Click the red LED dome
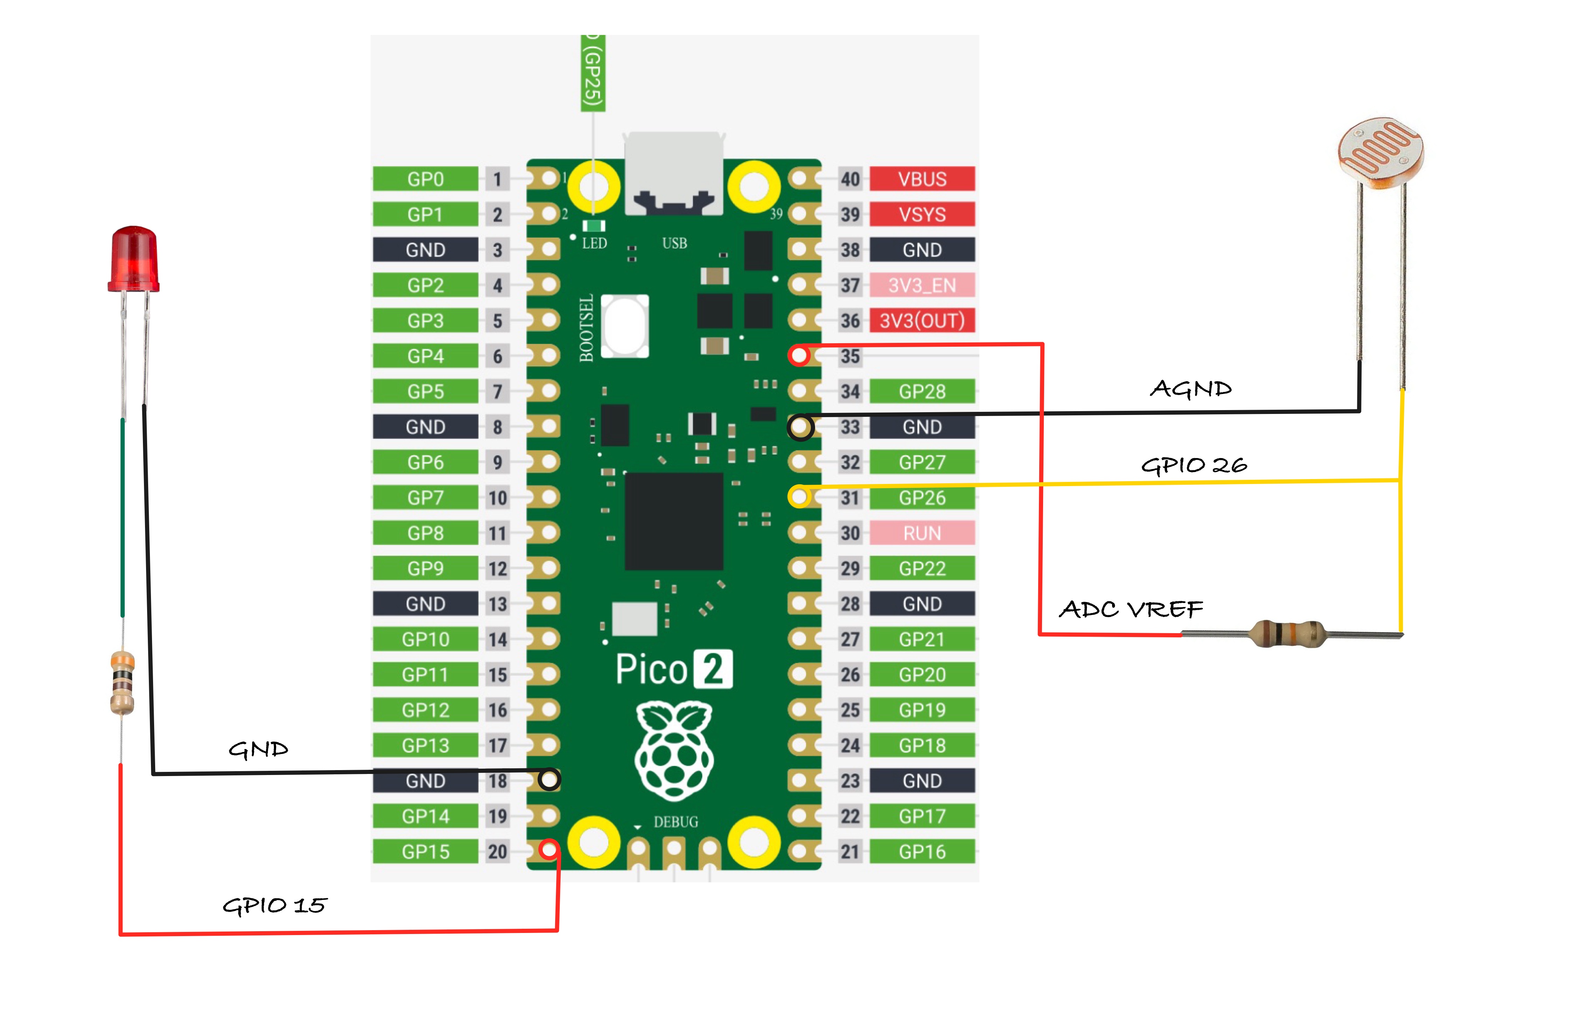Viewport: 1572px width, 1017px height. (x=133, y=259)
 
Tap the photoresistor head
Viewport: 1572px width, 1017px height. (x=1380, y=152)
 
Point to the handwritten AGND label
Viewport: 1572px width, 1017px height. (x=1191, y=389)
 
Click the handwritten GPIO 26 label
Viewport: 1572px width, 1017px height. (x=1194, y=465)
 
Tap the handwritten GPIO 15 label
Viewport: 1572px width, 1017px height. (x=274, y=905)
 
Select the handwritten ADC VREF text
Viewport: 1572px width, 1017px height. (x=1131, y=609)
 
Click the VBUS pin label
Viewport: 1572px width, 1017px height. (x=922, y=179)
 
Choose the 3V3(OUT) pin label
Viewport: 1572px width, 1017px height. (x=922, y=321)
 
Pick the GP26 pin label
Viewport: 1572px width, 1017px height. (x=922, y=498)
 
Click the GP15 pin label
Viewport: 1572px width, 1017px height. (x=425, y=852)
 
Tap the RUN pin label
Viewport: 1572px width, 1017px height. (x=922, y=533)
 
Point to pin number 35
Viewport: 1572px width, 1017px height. (x=850, y=357)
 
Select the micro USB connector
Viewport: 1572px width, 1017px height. (x=674, y=173)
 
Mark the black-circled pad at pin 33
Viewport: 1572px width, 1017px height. (x=800, y=427)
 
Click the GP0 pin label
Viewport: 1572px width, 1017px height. (x=425, y=179)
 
